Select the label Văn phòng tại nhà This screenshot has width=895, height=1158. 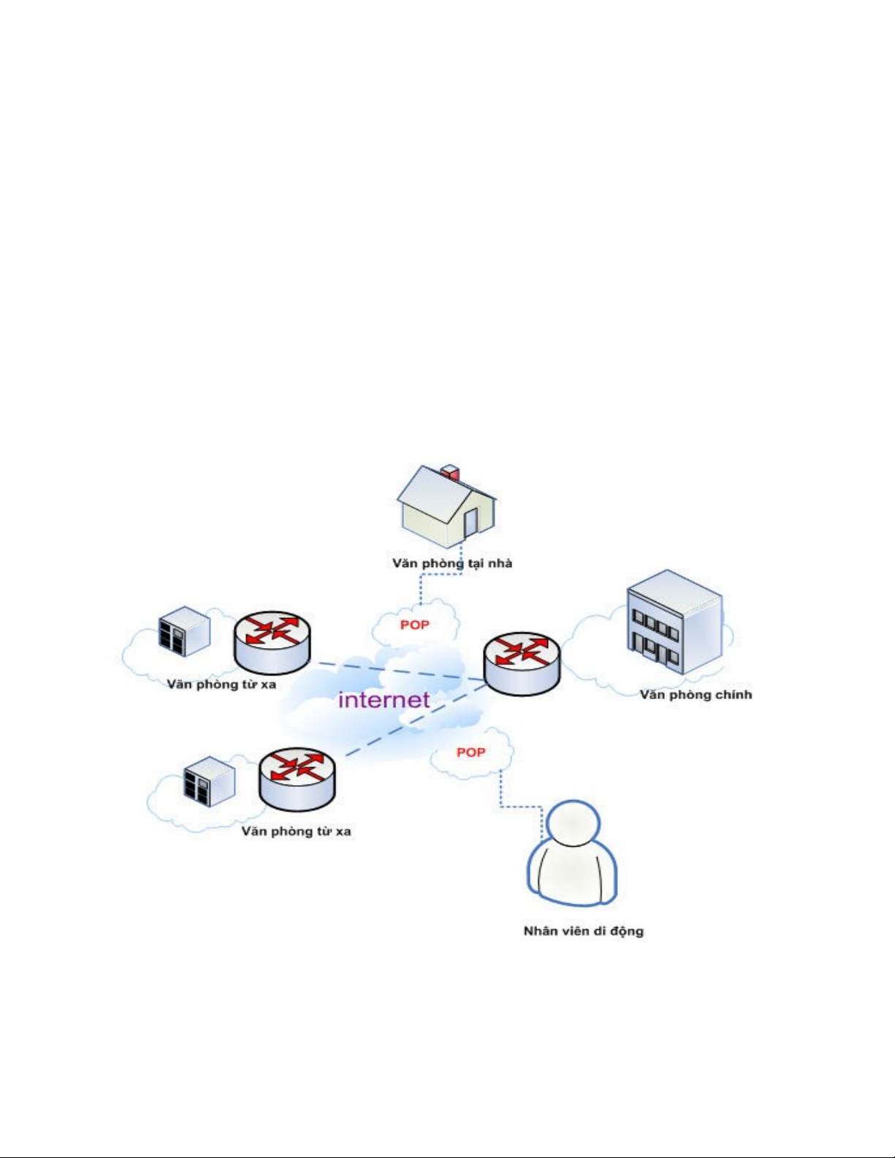pos(452,563)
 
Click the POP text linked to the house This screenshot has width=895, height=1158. pos(414,625)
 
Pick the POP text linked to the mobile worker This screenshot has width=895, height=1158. pos(471,752)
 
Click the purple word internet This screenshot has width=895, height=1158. pos(384,700)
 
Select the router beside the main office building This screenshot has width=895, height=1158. pos(522,663)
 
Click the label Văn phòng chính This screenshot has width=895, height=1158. pos(696,695)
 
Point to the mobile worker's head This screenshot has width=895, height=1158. pos(573,823)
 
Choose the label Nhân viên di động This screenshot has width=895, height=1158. pos(583,931)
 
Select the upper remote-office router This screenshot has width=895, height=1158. pos(272,641)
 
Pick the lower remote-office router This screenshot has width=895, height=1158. pos(297,778)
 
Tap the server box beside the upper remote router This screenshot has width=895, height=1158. pos(184,631)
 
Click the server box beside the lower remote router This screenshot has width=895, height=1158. pos(209,780)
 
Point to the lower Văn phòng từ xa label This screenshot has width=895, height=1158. pos(296,831)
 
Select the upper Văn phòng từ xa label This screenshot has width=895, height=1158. pos(221,685)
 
